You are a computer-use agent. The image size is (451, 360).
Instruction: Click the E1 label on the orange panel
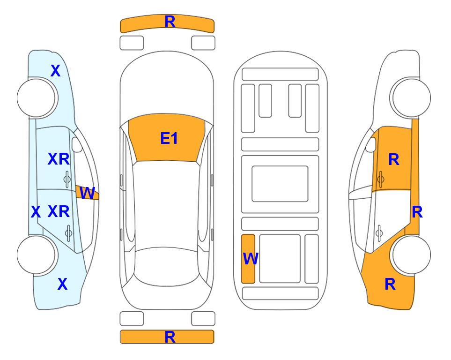169,138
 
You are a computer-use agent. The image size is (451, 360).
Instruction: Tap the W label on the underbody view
251,258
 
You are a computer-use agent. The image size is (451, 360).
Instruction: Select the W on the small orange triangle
87,193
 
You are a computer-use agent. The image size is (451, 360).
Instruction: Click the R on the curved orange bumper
170,22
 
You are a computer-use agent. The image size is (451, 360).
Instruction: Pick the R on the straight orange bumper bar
170,337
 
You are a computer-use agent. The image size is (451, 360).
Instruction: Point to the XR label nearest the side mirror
59,159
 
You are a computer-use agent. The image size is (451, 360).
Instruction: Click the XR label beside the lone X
59,212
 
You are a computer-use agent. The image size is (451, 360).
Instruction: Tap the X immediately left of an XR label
36,212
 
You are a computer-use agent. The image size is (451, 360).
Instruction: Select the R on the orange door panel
394,159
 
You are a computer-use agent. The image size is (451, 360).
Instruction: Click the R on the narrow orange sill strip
417,212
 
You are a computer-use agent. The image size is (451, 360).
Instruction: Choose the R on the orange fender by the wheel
390,284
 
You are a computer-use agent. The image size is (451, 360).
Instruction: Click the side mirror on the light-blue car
76,144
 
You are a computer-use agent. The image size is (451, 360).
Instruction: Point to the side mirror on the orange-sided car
371,144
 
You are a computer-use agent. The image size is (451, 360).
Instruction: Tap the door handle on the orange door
381,179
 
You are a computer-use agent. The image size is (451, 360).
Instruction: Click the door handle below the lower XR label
68,232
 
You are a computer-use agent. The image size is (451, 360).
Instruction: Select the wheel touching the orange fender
411,255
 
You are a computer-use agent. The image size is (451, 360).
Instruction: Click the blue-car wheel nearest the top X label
36,97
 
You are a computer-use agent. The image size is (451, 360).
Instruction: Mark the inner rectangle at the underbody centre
280,184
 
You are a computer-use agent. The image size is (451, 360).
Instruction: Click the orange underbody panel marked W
248,259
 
